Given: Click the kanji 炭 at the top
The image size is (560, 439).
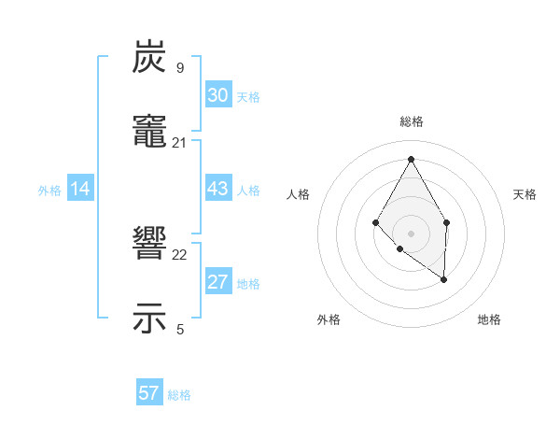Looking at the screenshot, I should coord(149,58).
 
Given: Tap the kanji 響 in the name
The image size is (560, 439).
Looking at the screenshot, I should coord(149,244).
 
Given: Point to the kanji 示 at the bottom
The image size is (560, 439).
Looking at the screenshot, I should coord(149,318).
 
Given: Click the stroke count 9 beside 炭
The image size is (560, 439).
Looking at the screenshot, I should coord(180,67).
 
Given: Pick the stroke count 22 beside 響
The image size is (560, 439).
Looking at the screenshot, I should coord(180,254).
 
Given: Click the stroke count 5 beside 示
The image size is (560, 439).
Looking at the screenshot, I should coord(180,329).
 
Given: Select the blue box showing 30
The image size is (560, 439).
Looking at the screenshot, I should coord(218,95).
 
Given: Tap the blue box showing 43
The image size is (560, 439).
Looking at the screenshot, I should coord(218,189).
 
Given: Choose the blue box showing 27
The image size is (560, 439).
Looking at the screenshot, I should coord(218,282).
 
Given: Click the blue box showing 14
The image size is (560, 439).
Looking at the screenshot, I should coord(80,189).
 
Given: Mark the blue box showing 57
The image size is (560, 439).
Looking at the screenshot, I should coord(149,393).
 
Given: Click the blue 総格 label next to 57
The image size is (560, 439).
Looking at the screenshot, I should coord(179,395).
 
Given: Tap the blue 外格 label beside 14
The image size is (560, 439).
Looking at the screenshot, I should coord(49,191).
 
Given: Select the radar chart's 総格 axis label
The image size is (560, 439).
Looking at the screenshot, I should coord(411,121).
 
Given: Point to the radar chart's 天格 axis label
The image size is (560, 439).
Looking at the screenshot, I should coord(525,194).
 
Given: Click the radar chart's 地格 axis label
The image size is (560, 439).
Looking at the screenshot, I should coord(489,319).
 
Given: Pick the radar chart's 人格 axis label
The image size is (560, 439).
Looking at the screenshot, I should coord(299,194).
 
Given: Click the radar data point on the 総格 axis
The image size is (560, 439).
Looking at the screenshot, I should coord(411,158).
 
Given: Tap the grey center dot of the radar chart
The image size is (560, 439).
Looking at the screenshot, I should coord(411,233).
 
